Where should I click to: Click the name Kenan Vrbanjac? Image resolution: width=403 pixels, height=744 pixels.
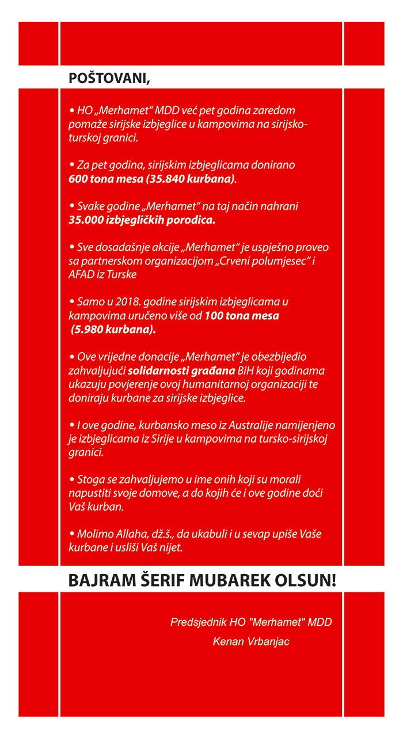251,641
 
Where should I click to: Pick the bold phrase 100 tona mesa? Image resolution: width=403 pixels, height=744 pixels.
242,316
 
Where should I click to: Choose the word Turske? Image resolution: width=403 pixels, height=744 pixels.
122,274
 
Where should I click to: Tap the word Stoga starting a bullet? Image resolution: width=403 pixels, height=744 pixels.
90,479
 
